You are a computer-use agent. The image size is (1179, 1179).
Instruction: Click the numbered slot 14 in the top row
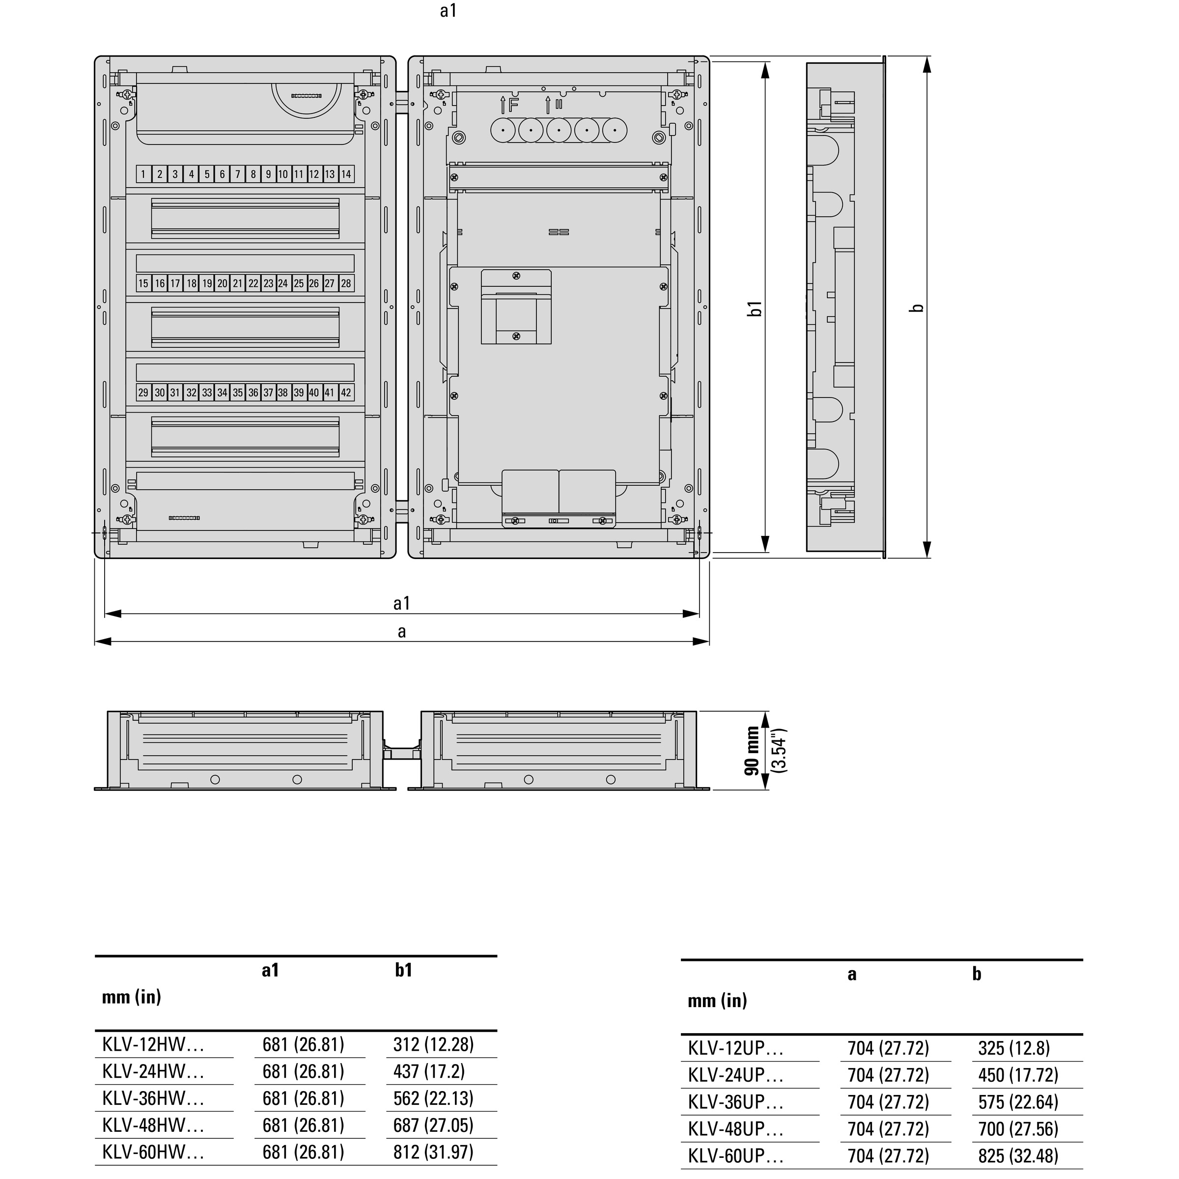coord(346,174)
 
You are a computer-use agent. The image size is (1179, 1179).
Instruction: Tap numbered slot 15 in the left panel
coord(143,283)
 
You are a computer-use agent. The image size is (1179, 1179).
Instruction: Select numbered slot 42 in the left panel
coord(346,393)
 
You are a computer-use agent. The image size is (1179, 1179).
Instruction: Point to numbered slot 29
coord(143,393)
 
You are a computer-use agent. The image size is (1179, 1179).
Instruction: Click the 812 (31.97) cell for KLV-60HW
coord(433,1152)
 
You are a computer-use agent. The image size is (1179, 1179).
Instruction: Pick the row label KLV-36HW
coord(153,1098)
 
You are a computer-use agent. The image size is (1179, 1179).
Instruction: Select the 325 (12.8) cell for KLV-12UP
coord(1013,1048)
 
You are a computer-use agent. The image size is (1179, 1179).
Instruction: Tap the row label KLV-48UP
coord(735,1129)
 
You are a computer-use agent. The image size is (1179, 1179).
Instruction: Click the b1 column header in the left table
coord(403,970)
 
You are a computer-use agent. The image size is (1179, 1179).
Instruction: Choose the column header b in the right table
coord(977,974)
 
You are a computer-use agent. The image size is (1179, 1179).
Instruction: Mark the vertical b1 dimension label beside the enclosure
coord(756,308)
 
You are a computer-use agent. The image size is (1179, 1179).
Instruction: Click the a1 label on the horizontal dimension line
coord(401,604)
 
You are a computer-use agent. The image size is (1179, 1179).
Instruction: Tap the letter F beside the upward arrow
coord(513,105)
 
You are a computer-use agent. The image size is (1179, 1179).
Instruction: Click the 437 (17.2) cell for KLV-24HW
coord(429,1071)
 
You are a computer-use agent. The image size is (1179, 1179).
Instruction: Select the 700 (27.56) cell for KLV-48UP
coord(1018,1129)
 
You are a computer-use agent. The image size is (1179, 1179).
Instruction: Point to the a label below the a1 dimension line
coord(401,632)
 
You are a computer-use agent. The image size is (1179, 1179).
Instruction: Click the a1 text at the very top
coord(448,11)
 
